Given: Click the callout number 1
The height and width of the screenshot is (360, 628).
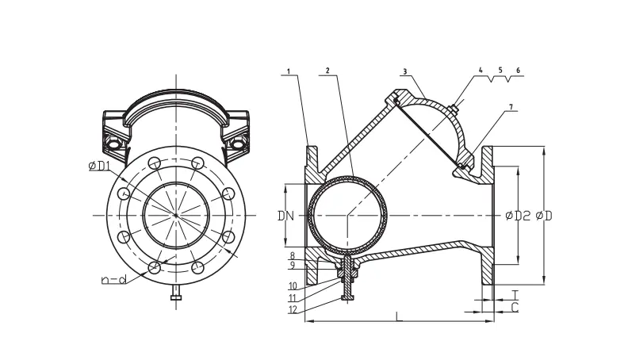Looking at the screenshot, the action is point(289,71).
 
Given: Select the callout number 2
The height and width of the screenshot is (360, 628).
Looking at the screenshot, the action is point(327,71).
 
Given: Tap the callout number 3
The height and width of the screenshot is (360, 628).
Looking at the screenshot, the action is point(405,71).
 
